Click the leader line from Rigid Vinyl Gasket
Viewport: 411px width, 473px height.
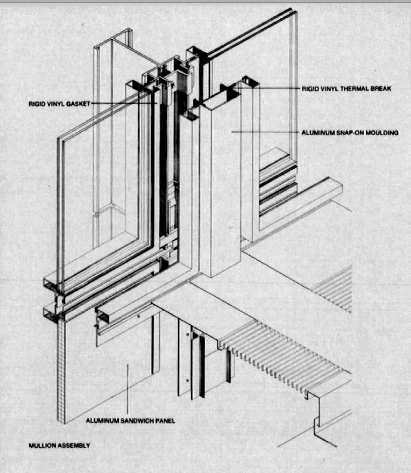coord(124,103)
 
